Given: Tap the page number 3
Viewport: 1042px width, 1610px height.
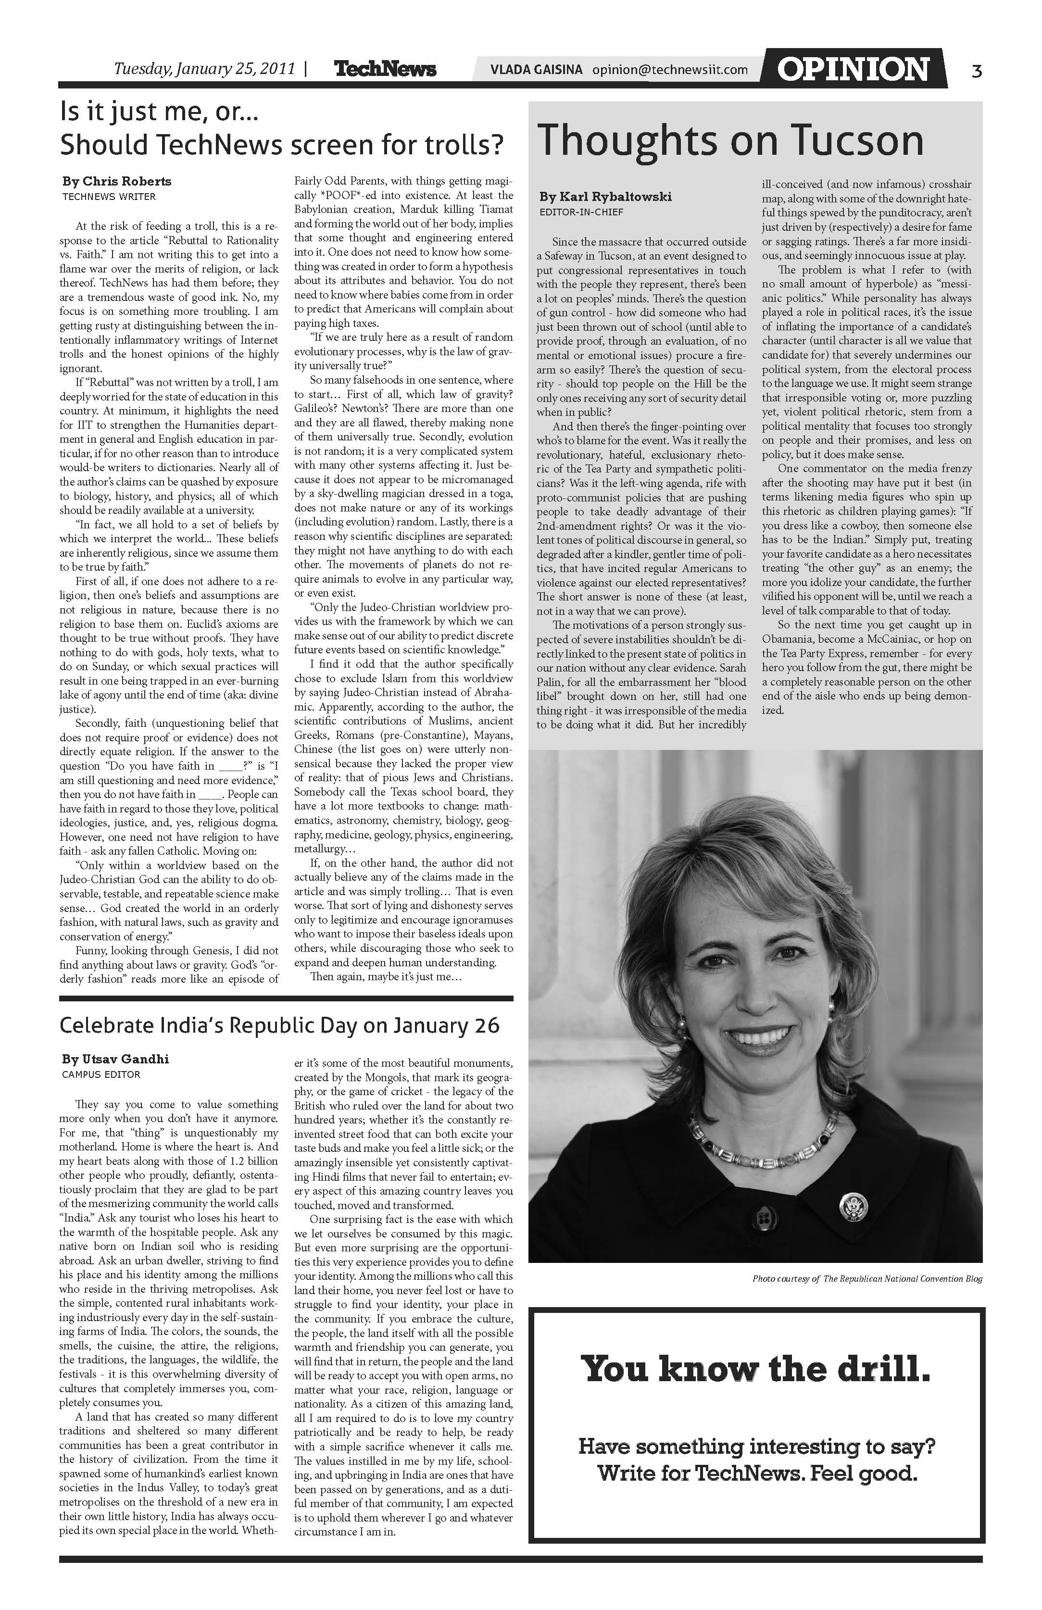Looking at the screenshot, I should [977, 70].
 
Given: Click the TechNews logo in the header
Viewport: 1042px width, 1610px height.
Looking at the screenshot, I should [385, 69].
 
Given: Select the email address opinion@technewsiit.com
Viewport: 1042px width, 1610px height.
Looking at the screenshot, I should [670, 70].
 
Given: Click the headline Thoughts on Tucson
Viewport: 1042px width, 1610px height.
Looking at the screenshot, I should [731, 141].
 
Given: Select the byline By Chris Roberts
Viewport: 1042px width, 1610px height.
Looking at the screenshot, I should [117, 181].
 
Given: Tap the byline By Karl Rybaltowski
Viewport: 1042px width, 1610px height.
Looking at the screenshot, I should [605, 197].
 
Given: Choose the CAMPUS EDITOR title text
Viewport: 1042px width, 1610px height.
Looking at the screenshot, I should [101, 1074].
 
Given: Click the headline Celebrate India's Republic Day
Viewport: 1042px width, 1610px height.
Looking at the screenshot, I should [279, 1025].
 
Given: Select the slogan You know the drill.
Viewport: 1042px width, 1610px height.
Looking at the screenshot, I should [756, 1369].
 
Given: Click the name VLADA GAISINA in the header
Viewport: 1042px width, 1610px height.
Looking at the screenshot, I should [537, 70].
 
